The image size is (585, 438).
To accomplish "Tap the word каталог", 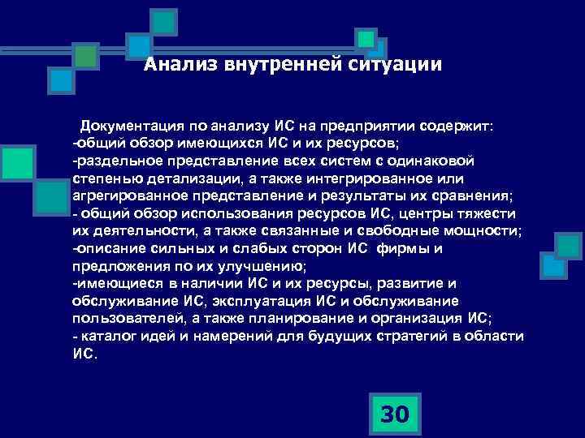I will (x=106, y=336).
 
